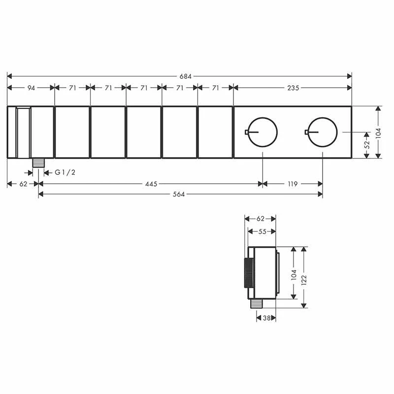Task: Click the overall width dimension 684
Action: [185, 76]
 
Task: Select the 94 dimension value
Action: [31, 88]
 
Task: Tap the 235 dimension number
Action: [293, 88]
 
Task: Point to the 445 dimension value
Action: [151, 184]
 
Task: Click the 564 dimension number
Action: [179, 195]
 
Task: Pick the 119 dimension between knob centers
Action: [293, 184]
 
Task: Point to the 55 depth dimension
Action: [262, 231]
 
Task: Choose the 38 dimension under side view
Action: [266, 319]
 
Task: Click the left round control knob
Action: [263, 132]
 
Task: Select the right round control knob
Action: [323, 132]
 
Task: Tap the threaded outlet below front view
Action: [38, 163]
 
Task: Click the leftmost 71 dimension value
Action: [72, 88]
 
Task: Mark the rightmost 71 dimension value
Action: [216, 88]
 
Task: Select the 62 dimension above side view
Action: [261, 219]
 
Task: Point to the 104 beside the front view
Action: [378, 132]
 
